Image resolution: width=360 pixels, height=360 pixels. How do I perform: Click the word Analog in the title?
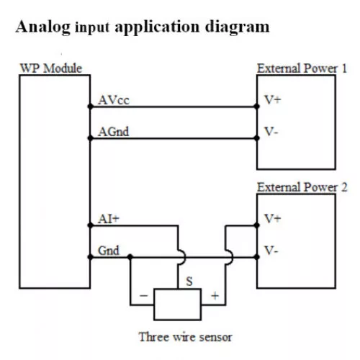coord(43,27)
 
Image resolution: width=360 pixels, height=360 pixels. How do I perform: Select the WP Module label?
coord(51,68)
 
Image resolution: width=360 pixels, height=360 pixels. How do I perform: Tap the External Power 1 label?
coord(302,68)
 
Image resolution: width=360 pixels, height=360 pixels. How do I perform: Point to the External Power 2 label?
coord(302,187)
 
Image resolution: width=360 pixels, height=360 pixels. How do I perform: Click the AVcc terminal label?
coord(114,100)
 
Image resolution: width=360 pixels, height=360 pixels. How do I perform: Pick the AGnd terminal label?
coord(114,132)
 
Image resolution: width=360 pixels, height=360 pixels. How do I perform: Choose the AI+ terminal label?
coord(109,219)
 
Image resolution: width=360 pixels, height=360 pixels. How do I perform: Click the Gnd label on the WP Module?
coord(109,251)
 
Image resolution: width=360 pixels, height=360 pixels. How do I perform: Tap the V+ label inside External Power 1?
coord(272,99)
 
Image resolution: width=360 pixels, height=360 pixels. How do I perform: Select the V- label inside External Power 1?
coord(271,132)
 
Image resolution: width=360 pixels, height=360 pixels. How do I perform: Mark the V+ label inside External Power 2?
coord(272,219)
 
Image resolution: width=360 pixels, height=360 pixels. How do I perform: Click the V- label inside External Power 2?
coord(271,251)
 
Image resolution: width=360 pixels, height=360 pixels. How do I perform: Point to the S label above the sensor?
coord(189,281)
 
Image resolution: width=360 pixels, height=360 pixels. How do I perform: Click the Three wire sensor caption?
coord(186,337)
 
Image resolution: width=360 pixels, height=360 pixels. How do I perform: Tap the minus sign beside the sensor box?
coord(143,295)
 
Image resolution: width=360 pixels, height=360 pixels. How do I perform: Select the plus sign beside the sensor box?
coord(215,296)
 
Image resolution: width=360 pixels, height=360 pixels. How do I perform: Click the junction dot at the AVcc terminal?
coord(90,107)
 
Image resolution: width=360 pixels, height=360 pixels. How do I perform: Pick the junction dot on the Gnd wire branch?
coord(130,257)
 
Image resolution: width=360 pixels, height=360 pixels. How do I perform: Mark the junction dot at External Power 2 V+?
coord(256,225)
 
